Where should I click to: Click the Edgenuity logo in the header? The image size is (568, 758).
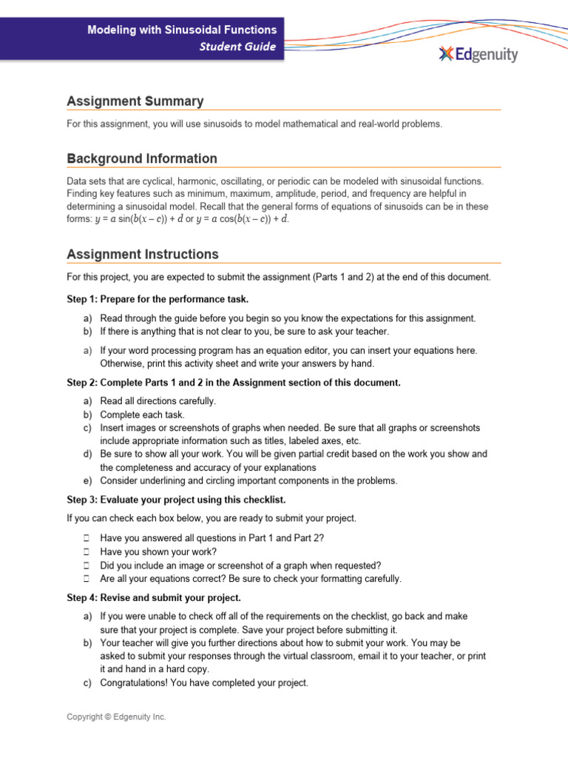pos(478,54)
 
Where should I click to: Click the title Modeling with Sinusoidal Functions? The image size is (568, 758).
pos(182,30)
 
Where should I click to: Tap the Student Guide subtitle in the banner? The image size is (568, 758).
pos(238,47)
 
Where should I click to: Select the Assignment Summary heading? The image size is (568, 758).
pos(135,101)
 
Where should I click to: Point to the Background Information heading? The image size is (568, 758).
pos(142,158)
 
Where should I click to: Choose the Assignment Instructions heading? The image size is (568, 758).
pos(143,254)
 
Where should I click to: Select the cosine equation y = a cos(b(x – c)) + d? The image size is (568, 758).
pos(244,219)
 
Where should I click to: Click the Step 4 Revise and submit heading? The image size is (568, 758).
pos(153,597)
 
